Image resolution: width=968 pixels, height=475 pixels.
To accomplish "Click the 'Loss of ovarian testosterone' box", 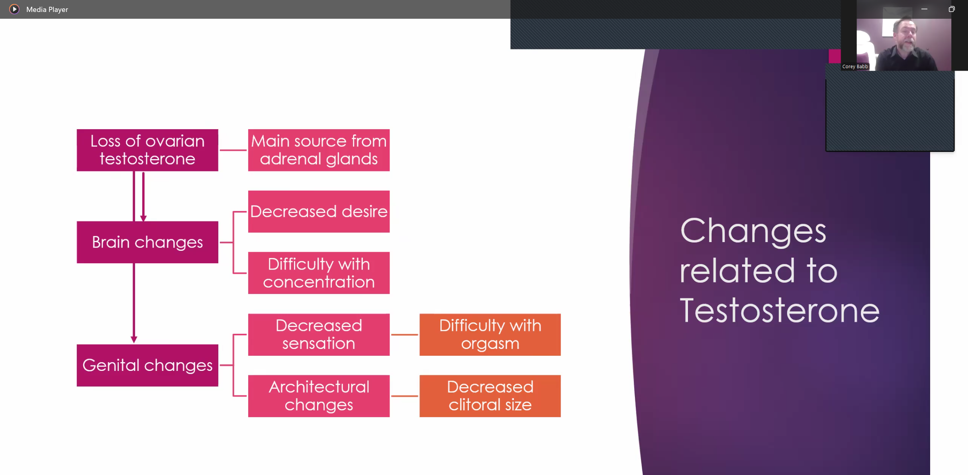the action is [x=147, y=150].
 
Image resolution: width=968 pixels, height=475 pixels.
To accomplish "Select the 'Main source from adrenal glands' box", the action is [x=319, y=150].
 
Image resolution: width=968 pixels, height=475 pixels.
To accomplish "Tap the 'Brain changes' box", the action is [x=147, y=242].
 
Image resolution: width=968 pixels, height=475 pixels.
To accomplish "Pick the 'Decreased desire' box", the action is [x=319, y=211].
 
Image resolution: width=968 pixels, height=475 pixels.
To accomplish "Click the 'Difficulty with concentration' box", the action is [x=319, y=273].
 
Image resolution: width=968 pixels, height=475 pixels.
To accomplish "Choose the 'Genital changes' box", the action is [x=147, y=365].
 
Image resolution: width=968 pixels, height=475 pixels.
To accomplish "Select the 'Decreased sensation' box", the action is [x=319, y=335].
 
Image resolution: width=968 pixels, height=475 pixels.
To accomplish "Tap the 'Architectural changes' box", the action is [x=319, y=396].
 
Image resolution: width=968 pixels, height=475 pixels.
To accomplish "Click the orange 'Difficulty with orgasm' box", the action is [x=490, y=335].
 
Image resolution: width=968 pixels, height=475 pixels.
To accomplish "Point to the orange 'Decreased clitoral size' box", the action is [x=490, y=396].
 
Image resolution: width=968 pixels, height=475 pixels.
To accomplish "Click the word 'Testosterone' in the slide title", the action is [x=780, y=311].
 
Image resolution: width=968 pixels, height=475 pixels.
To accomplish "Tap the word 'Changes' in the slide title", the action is [x=753, y=232].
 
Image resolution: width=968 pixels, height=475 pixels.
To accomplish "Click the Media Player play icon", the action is [x=14, y=9].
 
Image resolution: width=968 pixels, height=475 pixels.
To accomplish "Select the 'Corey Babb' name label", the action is [x=855, y=67].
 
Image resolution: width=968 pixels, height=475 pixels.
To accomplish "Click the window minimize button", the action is [x=924, y=9].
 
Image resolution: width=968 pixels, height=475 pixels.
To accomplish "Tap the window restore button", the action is [x=952, y=9].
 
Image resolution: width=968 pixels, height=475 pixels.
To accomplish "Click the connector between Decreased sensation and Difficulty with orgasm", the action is [x=405, y=335].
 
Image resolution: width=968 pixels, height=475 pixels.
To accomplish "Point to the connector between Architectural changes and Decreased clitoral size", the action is [x=405, y=396].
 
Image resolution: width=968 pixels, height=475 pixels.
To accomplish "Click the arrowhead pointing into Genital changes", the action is [x=134, y=339].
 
